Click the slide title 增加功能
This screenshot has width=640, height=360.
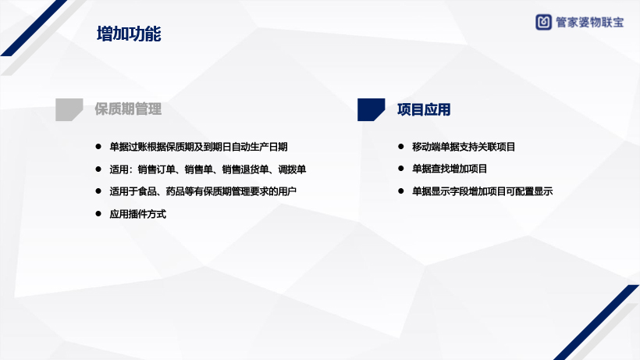click(x=129, y=34)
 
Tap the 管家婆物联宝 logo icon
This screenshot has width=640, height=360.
click(x=543, y=22)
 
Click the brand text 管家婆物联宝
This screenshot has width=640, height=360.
click(x=589, y=23)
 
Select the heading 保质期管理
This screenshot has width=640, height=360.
click(x=128, y=109)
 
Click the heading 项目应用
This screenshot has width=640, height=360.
click(x=424, y=109)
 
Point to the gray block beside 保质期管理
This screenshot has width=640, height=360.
click(x=69, y=109)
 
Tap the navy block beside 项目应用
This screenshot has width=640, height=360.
click(x=371, y=109)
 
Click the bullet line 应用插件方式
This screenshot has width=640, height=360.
click(x=138, y=214)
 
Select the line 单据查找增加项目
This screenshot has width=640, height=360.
click(x=450, y=169)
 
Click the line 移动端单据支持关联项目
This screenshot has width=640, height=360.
click(x=464, y=147)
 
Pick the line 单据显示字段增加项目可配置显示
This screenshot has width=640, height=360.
click(x=482, y=191)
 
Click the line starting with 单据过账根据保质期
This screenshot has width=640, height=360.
click(x=198, y=147)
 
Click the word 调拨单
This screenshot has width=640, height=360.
click(x=292, y=169)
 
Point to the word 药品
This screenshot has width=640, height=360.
click(x=175, y=191)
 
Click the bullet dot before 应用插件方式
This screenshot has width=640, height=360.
click(x=98, y=213)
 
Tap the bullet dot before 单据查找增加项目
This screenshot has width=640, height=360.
click(x=401, y=168)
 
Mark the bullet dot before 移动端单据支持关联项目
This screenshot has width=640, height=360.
click(x=401, y=146)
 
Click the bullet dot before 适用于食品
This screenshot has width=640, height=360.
click(x=98, y=191)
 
